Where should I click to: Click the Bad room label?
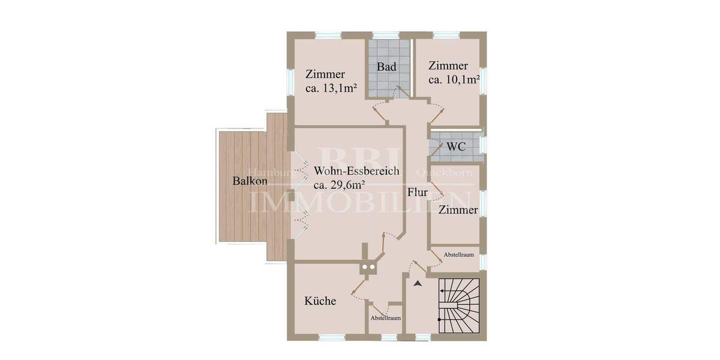coord(386,67)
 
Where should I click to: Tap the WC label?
coord(456,146)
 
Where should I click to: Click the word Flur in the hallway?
coord(417,193)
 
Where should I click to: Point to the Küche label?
coord(320,301)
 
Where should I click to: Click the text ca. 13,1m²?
coord(331,88)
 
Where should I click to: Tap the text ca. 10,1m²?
coord(453,79)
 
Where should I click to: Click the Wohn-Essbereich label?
coord(356,171)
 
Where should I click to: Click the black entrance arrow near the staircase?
coord(418,283)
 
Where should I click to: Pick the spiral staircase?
coord(460,306)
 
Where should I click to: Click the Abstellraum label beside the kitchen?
coord(385,318)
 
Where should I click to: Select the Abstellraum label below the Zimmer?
coord(459,255)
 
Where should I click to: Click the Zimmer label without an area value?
coord(458,210)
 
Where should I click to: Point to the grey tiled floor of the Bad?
coord(387,84)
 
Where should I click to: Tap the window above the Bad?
coord(386,35)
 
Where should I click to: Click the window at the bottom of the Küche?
coord(331,338)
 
